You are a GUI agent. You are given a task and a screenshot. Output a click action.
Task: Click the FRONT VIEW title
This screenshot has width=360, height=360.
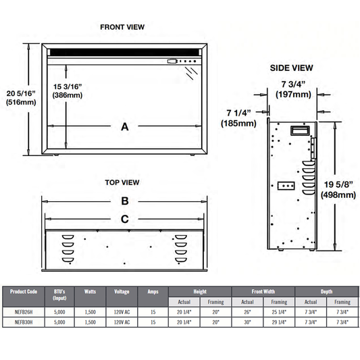click(x=122, y=27)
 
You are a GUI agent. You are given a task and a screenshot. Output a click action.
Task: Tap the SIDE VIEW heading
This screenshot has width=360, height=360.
click(x=291, y=68)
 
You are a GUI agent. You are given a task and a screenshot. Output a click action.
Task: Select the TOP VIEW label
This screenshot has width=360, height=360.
click(x=122, y=182)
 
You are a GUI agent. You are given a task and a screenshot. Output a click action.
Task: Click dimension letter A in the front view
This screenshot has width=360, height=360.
click(x=125, y=127)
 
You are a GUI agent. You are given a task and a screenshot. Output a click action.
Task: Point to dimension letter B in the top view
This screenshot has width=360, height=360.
click(x=125, y=201)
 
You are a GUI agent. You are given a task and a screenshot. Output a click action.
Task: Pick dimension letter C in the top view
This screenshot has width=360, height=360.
click(x=125, y=220)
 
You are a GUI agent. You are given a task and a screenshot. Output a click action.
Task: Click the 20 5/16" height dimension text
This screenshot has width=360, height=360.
click(x=21, y=93)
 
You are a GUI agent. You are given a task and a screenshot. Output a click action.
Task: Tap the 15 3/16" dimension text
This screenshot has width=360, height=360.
click(x=68, y=86)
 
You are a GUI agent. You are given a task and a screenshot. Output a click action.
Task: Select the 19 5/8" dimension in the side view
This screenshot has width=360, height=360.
click(x=338, y=184)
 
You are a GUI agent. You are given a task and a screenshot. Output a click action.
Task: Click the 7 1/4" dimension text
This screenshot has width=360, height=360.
click(x=238, y=113)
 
